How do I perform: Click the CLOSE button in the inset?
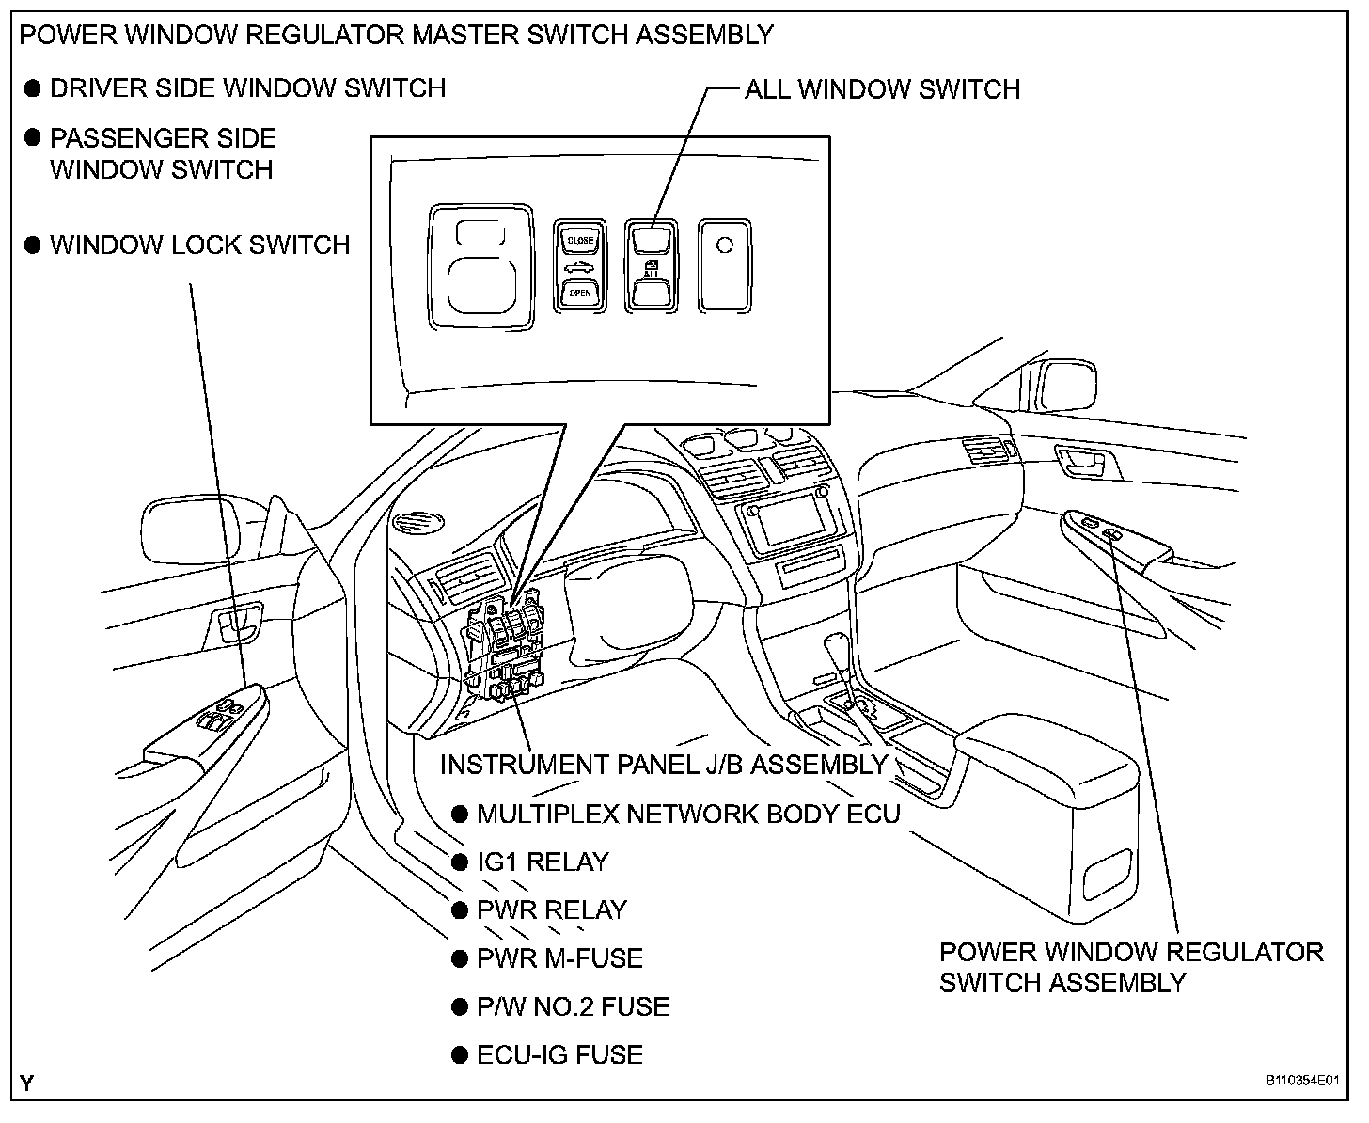pyautogui.click(x=580, y=241)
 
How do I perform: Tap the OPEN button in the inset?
pyautogui.click(x=580, y=293)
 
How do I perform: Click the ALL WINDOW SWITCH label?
pyautogui.click(x=882, y=89)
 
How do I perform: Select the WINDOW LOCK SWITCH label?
pyautogui.click(x=200, y=245)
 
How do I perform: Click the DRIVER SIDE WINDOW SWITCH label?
pyautogui.click(x=248, y=88)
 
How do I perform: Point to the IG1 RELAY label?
pyautogui.click(x=543, y=862)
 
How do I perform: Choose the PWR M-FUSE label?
pyautogui.click(x=559, y=958)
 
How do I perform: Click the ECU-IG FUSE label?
pyautogui.click(x=559, y=1054)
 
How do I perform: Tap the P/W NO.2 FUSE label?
pyautogui.click(x=574, y=1006)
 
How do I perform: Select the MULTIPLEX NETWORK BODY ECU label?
pyautogui.click(x=688, y=814)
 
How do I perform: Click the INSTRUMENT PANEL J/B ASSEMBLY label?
pyautogui.click(x=664, y=765)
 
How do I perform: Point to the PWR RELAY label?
pyautogui.click(x=552, y=909)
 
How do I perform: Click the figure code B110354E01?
pyautogui.click(x=1302, y=1080)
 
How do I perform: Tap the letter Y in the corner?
pyautogui.click(x=26, y=1083)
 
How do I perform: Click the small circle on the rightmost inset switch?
pyautogui.click(x=724, y=245)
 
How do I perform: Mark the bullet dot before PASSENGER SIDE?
pyautogui.click(x=33, y=137)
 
